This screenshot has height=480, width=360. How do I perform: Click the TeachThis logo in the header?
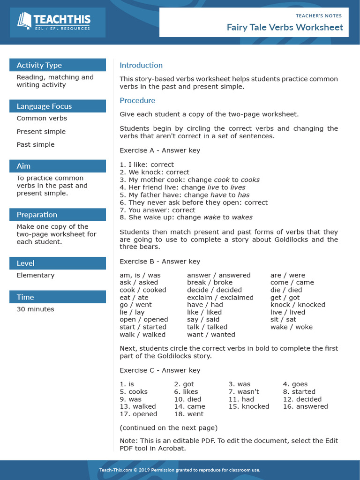tap(54, 22)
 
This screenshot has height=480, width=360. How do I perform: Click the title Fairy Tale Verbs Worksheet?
tap(285, 27)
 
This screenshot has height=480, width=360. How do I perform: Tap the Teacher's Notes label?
tap(319, 15)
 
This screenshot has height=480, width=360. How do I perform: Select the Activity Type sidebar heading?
tap(39, 65)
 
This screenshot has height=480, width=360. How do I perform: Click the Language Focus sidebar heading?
tap(44, 106)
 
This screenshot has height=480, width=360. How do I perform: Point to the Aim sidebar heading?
tap(23, 166)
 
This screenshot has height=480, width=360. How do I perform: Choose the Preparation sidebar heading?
tap(37, 215)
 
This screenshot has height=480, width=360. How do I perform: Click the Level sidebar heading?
tap(25, 263)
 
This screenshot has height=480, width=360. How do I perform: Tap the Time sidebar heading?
tap(25, 297)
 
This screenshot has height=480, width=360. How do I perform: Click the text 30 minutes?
tap(35, 309)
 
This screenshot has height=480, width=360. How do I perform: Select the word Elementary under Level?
tap(36, 276)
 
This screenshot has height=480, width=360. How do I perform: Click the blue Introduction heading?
tap(141, 65)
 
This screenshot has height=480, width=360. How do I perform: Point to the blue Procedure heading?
tap(137, 100)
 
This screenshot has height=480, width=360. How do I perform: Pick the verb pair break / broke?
tap(210, 283)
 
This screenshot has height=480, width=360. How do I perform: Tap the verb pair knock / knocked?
tap(298, 305)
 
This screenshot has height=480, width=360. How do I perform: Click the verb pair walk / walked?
tap(142, 335)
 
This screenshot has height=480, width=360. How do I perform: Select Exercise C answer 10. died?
tap(187, 399)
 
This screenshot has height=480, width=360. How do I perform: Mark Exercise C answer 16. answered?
tap(305, 407)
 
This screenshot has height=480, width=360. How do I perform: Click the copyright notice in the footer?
tap(180, 470)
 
